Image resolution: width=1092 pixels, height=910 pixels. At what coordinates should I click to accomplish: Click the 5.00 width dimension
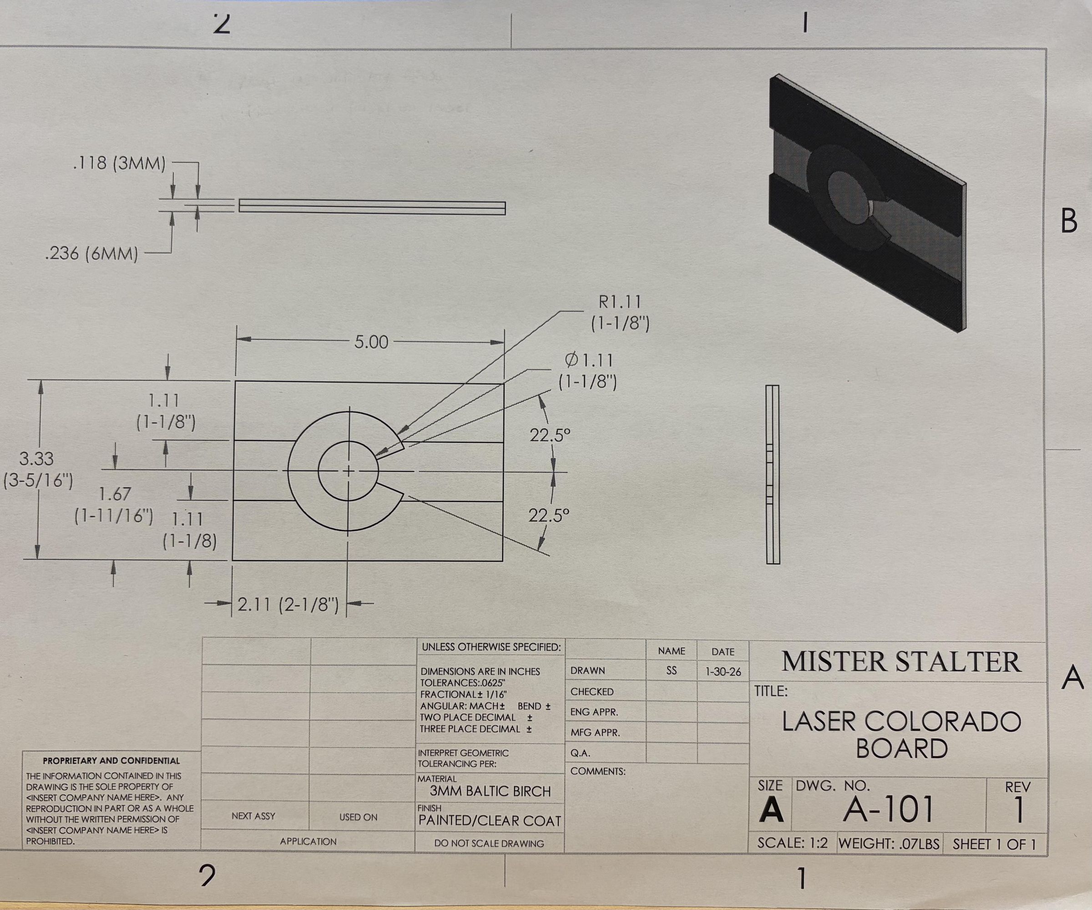pyautogui.click(x=371, y=342)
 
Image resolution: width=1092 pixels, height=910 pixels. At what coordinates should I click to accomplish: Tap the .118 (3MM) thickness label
pyautogui.click(x=120, y=164)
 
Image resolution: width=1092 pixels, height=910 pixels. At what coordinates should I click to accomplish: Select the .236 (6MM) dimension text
pyautogui.click(x=92, y=254)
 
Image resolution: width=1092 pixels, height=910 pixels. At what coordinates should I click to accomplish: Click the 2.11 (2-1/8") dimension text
pyautogui.click(x=288, y=605)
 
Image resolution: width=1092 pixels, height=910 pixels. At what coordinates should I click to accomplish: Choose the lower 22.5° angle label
pyautogui.click(x=549, y=516)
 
